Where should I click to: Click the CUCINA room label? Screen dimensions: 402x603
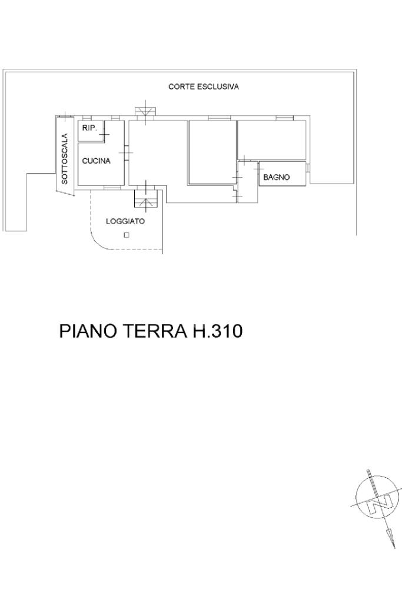click(96, 161)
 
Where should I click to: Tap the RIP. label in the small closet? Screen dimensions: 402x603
click(89, 128)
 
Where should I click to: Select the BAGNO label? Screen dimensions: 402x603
click(277, 177)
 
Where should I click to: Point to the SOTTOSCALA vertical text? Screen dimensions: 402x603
click(65, 158)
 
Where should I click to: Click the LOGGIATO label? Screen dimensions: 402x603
click(125, 221)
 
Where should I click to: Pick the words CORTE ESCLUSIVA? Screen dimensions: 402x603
click(204, 86)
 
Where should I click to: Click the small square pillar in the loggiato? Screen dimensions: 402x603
click(126, 235)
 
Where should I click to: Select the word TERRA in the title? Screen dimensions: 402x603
click(153, 331)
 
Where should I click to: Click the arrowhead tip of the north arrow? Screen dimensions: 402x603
click(394, 548)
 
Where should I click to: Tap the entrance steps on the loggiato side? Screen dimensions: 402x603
click(146, 199)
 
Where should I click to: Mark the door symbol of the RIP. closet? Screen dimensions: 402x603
click(104, 134)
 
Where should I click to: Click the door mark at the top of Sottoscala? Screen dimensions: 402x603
click(65, 116)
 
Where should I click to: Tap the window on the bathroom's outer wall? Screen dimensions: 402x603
click(308, 168)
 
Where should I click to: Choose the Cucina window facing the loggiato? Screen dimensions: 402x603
click(112, 188)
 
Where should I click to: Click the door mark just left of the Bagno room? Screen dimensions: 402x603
click(258, 168)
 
